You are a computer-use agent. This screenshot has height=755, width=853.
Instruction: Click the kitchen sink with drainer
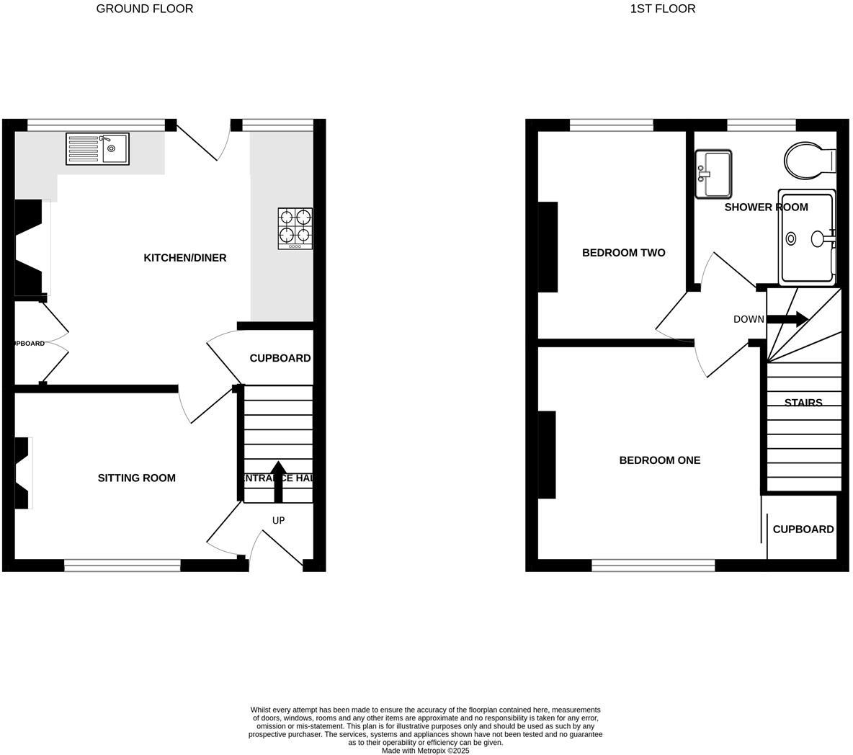click(x=97, y=148)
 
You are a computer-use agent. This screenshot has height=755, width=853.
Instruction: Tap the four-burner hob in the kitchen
click(x=295, y=228)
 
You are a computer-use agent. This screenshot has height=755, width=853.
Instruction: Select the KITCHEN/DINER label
click(x=185, y=258)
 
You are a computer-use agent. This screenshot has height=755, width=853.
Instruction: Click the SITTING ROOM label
click(x=136, y=478)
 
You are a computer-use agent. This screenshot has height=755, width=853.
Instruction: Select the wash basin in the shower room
click(x=713, y=174)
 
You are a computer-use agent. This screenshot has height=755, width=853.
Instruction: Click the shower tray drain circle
click(x=791, y=238)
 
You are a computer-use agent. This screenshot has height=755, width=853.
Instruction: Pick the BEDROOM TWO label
click(x=623, y=253)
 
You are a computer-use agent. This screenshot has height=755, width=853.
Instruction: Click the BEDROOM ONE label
click(x=659, y=460)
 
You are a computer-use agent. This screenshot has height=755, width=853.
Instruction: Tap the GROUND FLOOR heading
click(x=144, y=9)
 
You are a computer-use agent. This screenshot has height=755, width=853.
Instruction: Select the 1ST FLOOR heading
click(x=662, y=9)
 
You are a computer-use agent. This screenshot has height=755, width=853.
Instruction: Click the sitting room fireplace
click(x=23, y=473)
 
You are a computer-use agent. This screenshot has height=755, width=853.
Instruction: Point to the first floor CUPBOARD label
click(x=803, y=529)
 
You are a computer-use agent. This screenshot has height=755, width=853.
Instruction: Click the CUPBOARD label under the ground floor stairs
click(x=280, y=358)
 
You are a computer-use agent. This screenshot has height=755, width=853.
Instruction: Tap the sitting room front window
click(x=122, y=566)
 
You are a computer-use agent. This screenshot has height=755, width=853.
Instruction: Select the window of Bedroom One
click(x=653, y=566)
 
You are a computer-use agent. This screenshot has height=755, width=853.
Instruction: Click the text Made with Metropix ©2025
click(x=425, y=750)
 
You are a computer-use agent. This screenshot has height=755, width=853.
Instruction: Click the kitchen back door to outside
click(x=200, y=141)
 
